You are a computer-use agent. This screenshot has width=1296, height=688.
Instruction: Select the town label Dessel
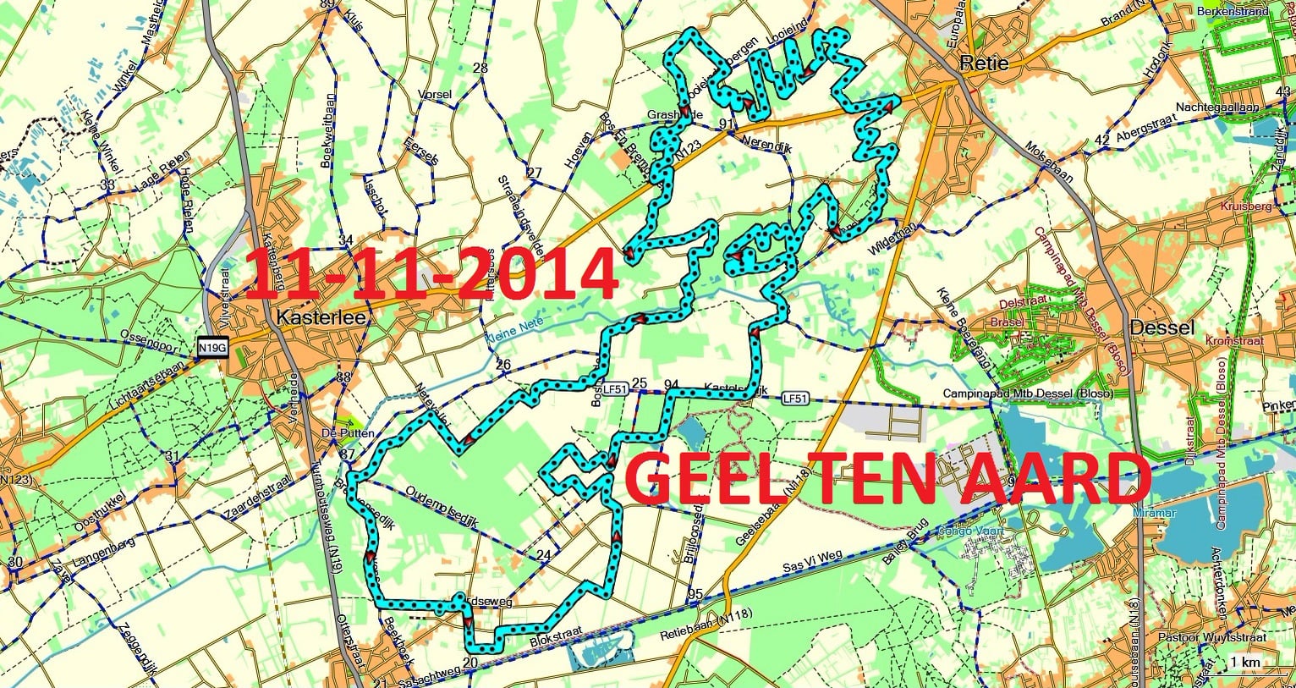coord(1162,328)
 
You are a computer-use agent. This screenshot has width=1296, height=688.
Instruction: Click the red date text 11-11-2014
coord(431,273)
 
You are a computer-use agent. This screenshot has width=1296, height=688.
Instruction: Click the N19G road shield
coord(212,347)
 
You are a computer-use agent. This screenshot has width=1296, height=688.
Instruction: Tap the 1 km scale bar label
coord(1244,661)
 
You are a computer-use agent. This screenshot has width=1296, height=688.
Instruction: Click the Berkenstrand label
coord(1233,12)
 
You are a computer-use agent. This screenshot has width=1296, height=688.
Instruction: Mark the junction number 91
coord(726,124)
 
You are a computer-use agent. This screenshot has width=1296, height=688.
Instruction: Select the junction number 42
coord(1101,140)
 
